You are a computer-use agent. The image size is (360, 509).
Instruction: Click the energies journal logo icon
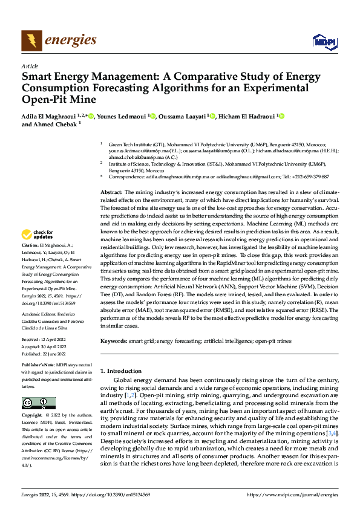30,41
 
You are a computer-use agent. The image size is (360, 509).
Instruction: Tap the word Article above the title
30,66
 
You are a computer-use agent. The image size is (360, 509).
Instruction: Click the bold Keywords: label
114,341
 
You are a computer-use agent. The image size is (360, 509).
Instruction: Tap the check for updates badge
38,234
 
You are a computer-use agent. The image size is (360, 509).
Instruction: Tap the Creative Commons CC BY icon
38,403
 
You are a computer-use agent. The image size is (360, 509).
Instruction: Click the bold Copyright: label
33,416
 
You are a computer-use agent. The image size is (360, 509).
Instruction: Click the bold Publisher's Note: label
38,366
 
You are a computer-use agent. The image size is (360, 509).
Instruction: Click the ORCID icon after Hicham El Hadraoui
281,117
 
